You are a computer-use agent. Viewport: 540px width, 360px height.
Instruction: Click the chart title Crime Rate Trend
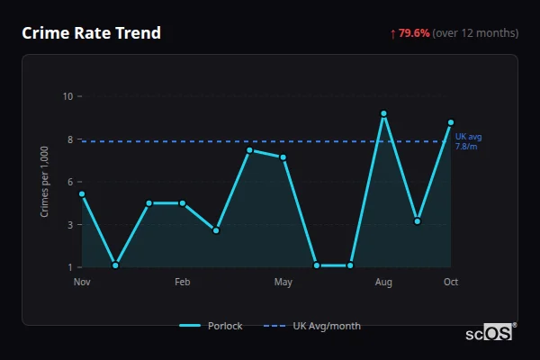coord(92,33)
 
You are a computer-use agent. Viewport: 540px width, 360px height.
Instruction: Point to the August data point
coord(383,113)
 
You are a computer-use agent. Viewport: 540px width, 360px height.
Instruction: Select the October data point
coord(451,122)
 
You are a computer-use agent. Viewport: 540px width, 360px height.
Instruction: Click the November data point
coord(82,193)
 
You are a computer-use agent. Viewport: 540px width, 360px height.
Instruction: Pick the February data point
coord(183,203)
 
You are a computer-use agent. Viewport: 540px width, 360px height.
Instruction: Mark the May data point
coord(283,157)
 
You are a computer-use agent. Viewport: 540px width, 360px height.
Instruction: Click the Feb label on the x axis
coord(183,283)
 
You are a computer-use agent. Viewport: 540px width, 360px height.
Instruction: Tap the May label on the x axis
coord(283,283)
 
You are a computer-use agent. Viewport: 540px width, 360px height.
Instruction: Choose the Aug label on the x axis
coord(383,283)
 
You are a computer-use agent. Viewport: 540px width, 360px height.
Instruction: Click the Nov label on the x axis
coord(82,283)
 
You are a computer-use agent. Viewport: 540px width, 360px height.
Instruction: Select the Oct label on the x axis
coord(451,283)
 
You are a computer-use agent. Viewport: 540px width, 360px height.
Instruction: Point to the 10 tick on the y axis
coord(67,96)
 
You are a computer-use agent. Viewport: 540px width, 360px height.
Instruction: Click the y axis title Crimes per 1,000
coord(45,182)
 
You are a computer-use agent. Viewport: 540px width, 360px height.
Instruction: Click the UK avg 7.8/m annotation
coord(468,141)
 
